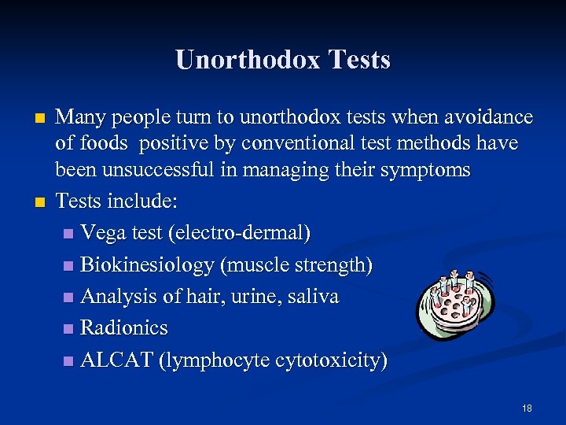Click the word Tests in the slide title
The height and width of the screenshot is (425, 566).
click(x=360, y=60)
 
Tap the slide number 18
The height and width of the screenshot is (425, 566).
click(x=527, y=408)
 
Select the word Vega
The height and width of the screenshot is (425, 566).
click(x=105, y=234)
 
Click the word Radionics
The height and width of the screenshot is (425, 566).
click(x=124, y=328)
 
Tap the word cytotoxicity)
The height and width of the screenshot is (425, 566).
click(x=331, y=360)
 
